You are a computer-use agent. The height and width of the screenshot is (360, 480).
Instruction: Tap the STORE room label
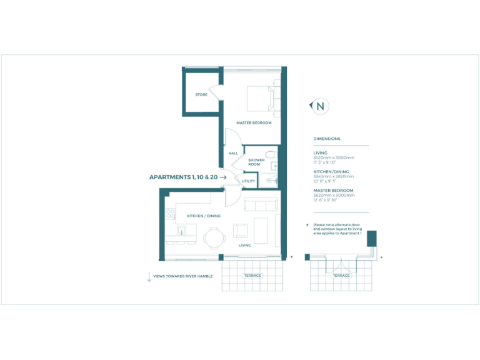pos(201,95)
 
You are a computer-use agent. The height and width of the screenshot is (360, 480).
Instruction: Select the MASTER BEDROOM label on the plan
pos(254,123)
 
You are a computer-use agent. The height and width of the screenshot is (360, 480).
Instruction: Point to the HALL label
pos(233,153)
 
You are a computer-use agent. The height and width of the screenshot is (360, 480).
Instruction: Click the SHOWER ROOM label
pos(256,162)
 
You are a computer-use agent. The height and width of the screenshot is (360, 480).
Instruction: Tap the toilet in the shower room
pos(270,154)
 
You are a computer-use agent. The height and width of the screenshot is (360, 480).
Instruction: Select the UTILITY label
pos(249,181)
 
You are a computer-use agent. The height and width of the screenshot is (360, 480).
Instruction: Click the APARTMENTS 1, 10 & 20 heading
pos(183,177)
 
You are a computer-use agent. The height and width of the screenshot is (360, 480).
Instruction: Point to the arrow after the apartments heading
pos(223,177)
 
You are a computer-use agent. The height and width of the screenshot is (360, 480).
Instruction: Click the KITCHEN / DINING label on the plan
pos(204,216)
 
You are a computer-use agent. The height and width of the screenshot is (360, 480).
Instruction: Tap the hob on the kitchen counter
pos(169,214)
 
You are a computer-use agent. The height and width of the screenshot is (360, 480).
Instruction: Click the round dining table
pos(214,237)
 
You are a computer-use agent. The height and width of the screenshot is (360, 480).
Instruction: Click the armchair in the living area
pos(241,231)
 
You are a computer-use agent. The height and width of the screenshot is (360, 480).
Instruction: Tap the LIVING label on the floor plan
pos(245,246)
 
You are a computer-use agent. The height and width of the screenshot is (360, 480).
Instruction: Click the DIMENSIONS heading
pos(327,139)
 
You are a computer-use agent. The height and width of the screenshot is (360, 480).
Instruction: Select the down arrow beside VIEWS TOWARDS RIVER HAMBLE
pos(149,277)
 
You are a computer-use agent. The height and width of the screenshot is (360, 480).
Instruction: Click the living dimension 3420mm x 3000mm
pos(334,157)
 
